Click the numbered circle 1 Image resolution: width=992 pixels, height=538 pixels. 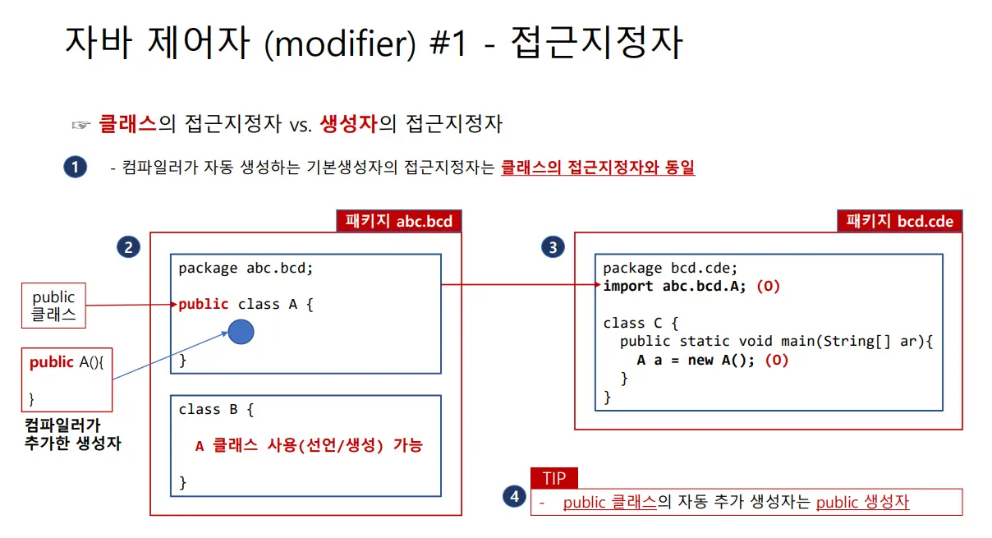pyautogui.click(x=75, y=168)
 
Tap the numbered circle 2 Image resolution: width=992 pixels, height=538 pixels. pyautogui.click(x=127, y=247)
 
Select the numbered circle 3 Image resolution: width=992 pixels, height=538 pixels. pyautogui.click(x=553, y=247)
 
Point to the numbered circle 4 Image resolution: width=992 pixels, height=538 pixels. pyautogui.click(x=513, y=496)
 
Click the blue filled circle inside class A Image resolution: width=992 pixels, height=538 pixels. pyautogui.click(x=241, y=333)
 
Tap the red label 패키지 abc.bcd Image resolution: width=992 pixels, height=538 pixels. pyautogui.click(x=398, y=221)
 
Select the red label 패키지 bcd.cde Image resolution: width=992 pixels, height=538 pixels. pyautogui.click(x=899, y=221)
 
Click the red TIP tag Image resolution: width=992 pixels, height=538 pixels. pyautogui.click(x=554, y=478)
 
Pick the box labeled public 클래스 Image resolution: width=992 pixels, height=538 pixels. pyautogui.click(x=53, y=306)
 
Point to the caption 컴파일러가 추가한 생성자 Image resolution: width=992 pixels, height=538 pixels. pyautogui.click(x=73, y=435)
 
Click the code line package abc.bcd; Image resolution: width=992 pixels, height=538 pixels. pyautogui.click(x=246, y=268)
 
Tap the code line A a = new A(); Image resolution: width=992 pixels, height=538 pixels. pyautogui.click(x=695, y=360)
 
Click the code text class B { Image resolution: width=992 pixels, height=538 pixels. pyautogui.click(x=217, y=409)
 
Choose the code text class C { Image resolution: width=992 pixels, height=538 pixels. pyautogui.click(x=641, y=323)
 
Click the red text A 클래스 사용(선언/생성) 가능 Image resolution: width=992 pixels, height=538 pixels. pyautogui.click(x=309, y=446)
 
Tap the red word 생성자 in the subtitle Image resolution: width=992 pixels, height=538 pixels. pyautogui.click(x=348, y=125)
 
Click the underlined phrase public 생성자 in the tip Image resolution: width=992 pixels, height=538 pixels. pyautogui.click(x=862, y=502)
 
